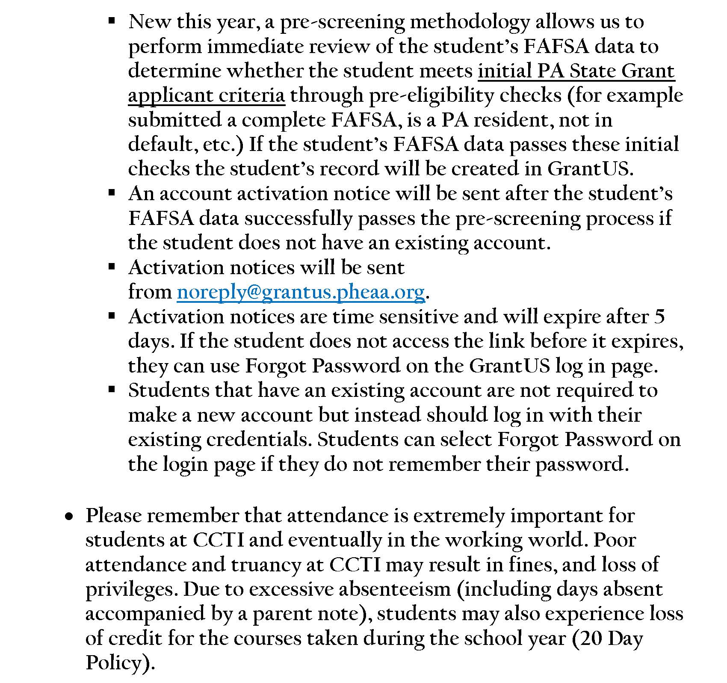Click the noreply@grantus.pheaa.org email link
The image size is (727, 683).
[x=301, y=292]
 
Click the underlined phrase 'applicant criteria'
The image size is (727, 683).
[x=206, y=95]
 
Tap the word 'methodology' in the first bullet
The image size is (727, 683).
[x=470, y=22]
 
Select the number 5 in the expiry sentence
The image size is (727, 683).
[x=659, y=317]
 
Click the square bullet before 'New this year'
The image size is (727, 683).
[x=112, y=20]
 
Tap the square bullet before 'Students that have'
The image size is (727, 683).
[x=112, y=389]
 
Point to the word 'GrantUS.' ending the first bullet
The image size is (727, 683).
[x=590, y=169]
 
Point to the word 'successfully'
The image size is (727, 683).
[x=298, y=218]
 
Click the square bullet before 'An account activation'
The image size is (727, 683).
[x=112, y=192]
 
